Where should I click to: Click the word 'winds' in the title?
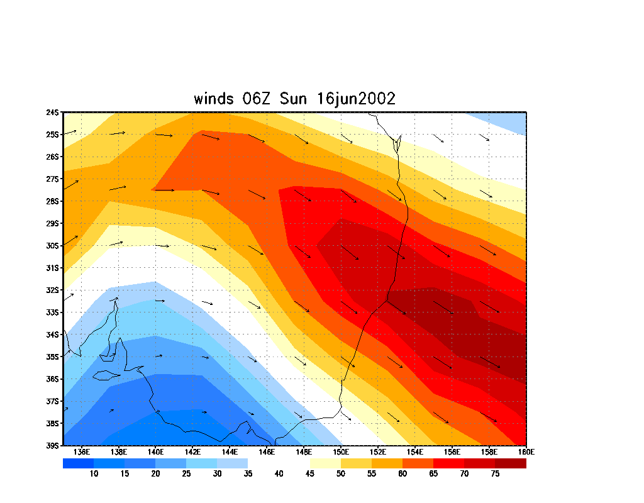pos(214,99)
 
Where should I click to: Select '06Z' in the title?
pos(258,99)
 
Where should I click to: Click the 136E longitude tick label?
pos(81,452)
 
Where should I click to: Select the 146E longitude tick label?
pos(266,452)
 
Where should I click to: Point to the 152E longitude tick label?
pos(377,452)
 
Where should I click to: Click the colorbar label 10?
pos(94,474)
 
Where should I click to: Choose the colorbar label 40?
pos(279,474)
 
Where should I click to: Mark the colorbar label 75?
pos(495,474)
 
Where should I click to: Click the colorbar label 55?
pos(372,474)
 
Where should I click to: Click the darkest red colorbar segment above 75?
pos(511,463)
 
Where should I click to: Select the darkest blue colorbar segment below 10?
pos(78,463)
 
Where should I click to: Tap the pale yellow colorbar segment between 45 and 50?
pos(325,463)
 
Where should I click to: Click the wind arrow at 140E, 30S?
pos(162,246)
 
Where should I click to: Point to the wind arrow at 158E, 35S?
pos(491,362)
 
